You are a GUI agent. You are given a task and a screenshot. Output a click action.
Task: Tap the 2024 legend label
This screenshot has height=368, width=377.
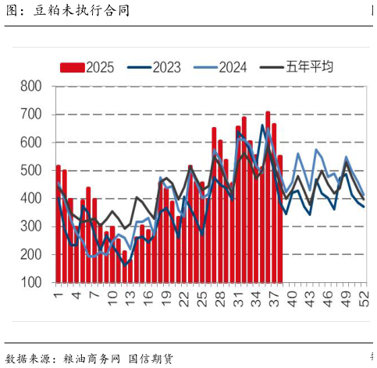click(232, 67)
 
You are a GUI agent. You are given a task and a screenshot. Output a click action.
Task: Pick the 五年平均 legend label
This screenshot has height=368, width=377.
click(309, 67)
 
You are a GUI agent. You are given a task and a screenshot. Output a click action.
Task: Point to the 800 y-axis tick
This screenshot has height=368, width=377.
click(31, 87)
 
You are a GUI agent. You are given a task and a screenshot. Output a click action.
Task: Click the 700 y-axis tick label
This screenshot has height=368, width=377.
click(31, 115)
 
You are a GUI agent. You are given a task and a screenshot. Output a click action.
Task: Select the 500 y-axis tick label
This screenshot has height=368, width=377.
click(31, 171)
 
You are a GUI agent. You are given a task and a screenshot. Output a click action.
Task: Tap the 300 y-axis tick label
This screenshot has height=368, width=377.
click(31, 227)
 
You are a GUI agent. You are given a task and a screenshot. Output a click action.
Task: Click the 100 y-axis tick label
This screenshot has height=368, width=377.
click(31, 283)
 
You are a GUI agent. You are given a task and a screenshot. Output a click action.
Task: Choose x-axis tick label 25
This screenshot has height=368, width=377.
click(202, 297)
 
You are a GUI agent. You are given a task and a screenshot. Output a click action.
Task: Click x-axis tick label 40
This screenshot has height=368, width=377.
click(292, 297)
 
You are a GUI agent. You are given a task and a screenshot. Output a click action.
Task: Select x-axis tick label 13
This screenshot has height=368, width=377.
click(130, 297)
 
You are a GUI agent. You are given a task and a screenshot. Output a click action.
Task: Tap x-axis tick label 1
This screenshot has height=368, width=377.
click(59, 295)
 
